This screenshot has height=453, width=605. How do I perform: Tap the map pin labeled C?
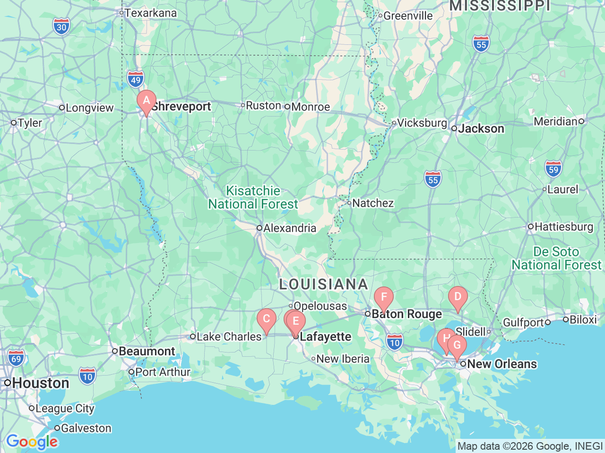pyautogui.click(x=267, y=319)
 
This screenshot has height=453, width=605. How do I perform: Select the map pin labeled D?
pyautogui.click(x=458, y=297)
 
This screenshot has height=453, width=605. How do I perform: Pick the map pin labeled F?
pyautogui.click(x=384, y=298)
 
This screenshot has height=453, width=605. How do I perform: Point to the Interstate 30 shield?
pyautogui.click(x=61, y=27)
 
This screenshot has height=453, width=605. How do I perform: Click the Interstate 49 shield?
pyautogui.click(x=136, y=80)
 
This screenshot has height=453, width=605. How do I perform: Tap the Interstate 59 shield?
pyautogui.click(x=553, y=169)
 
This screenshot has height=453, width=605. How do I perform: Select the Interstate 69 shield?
pyautogui.click(x=16, y=359)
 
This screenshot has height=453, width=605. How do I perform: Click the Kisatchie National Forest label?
pyautogui.click(x=253, y=197)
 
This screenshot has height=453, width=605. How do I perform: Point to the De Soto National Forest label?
pyautogui.click(x=556, y=259)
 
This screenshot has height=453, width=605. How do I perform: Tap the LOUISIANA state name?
pyautogui.click(x=324, y=284)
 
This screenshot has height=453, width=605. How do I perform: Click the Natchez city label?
pyautogui.click(x=372, y=203)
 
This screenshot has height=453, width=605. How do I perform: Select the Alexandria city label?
pyautogui.click(x=289, y=228)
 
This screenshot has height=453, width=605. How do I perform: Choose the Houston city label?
pyautogui.click(x=41, y=383)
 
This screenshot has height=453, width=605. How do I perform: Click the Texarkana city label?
pyautogui.click(x=150, y=13)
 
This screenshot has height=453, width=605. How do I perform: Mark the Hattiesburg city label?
pyautogui.click(x=563, y=227)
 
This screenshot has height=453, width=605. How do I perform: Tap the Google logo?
pyautogui.click(x=32, y=442)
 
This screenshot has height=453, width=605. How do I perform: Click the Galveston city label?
pyautogui.click(x=86, y=428)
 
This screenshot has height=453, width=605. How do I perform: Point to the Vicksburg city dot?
pyautogui.click(x=394, y=123)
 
